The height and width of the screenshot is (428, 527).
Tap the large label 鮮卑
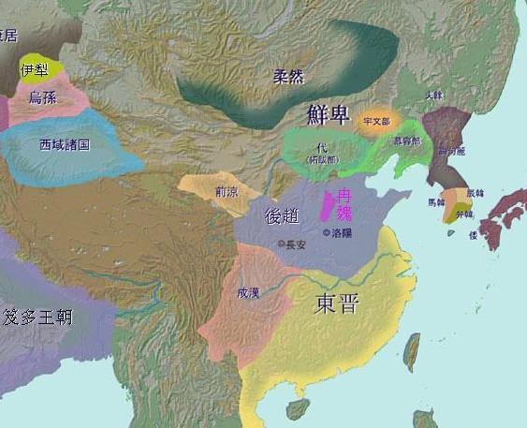[x=329, y=115]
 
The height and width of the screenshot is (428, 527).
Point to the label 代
[x=323, y=148]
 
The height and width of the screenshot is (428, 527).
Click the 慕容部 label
[x=408, y=141]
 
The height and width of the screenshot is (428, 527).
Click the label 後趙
[x=285, y=214]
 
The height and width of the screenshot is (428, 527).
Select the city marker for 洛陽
[x=325, y=231]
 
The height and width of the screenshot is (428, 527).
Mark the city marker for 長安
[x=279, y=244]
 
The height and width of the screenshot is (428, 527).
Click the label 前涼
[x=226, y=193]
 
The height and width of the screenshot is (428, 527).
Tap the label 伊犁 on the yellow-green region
[x=35, y=69]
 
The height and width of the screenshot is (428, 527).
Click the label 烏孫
[x=41, y=97]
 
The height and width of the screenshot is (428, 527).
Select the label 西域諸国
[x=64, y=146]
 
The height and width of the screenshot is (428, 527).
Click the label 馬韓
[x=436, y=201]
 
